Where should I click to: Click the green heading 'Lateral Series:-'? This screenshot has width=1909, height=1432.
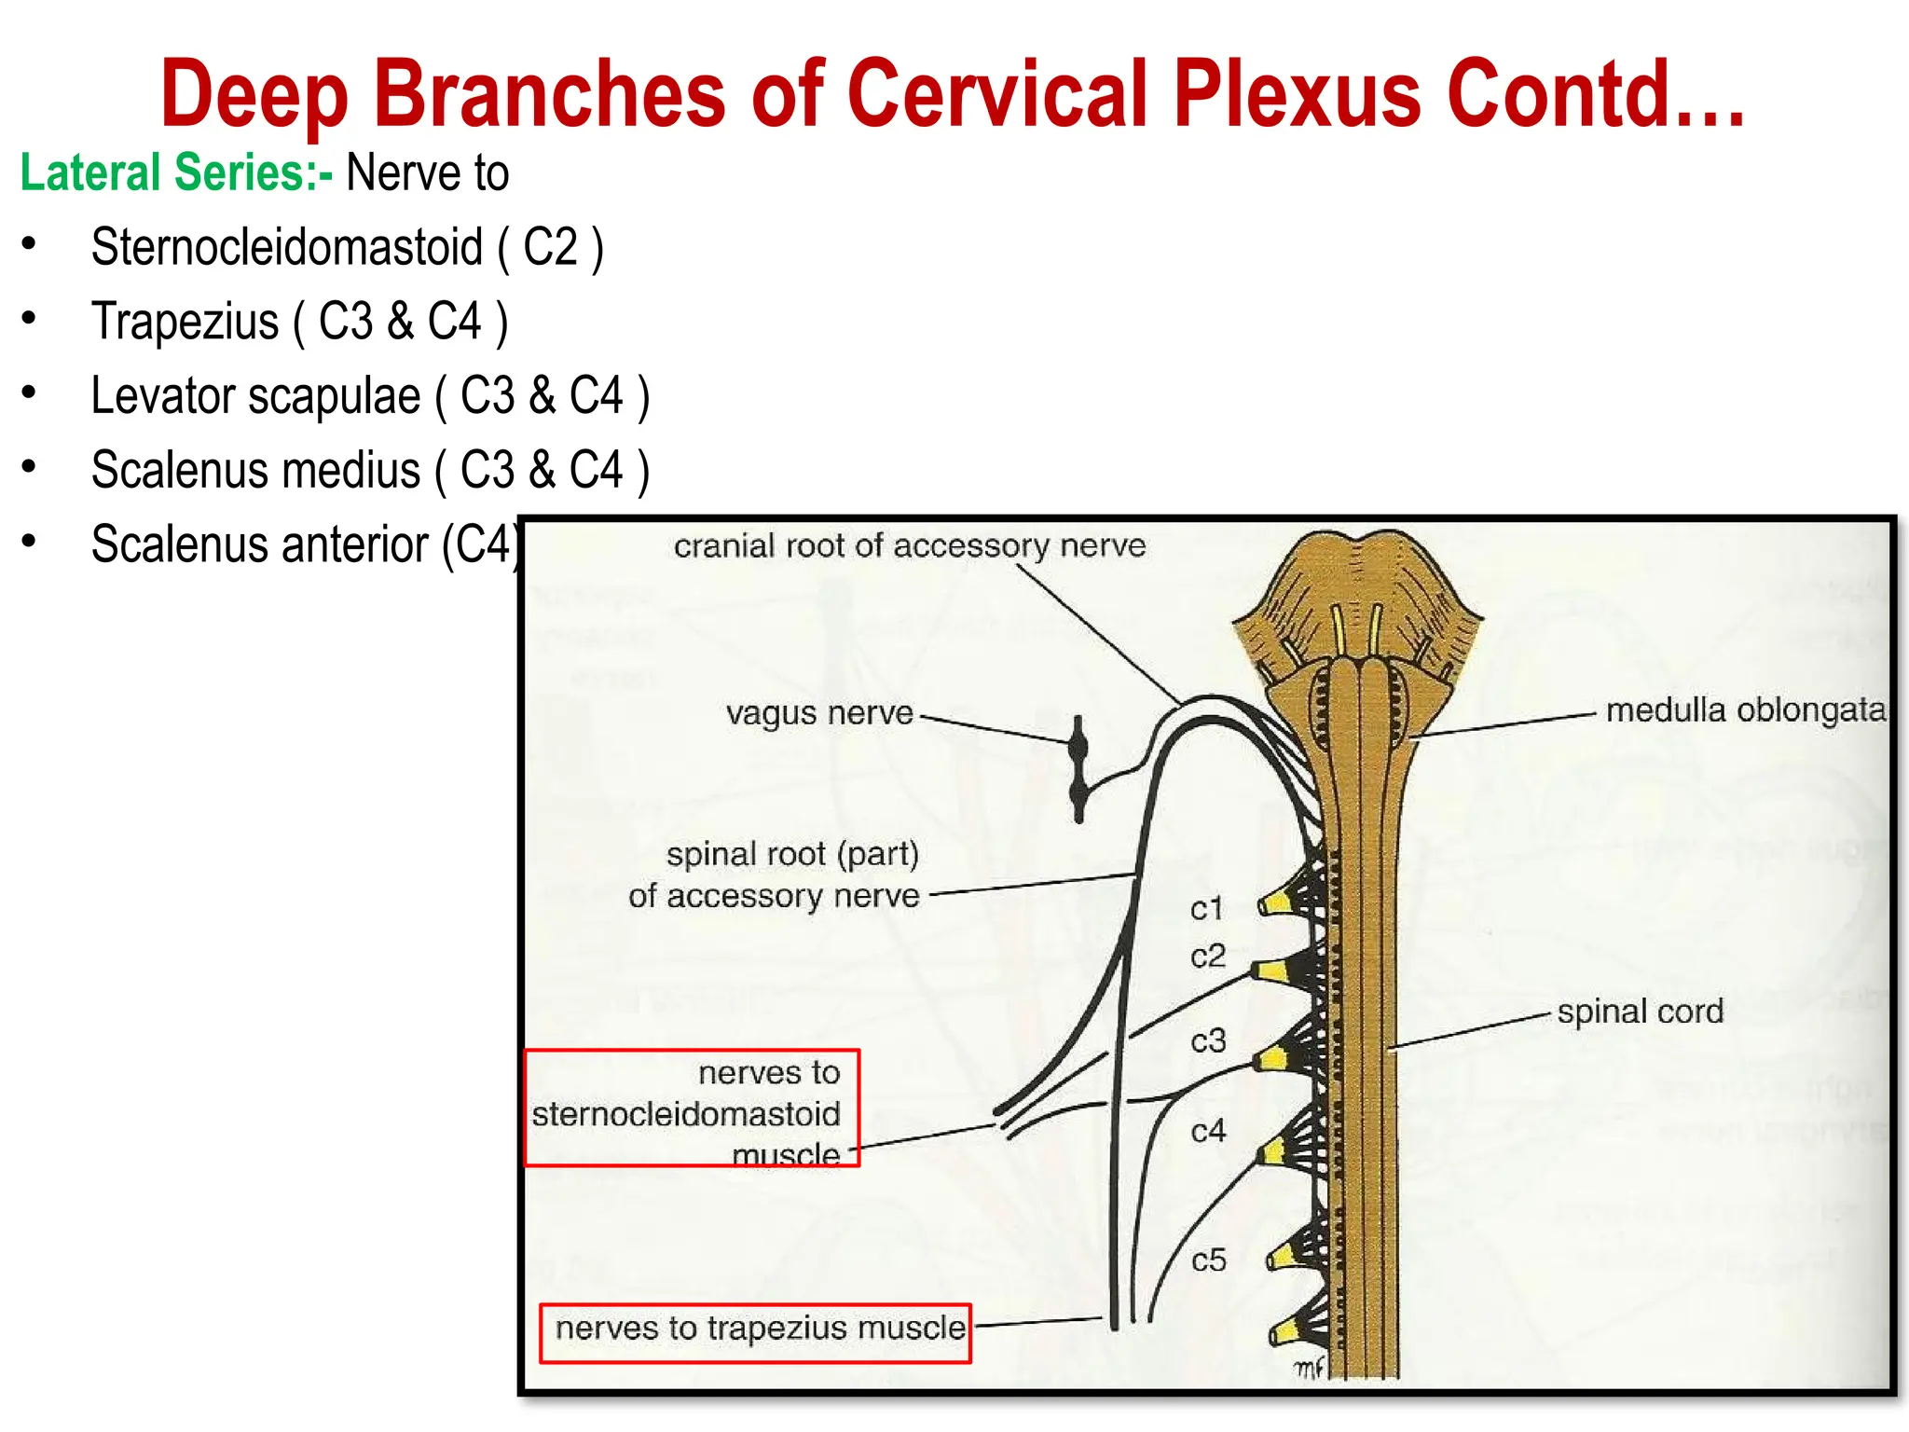[176, 173]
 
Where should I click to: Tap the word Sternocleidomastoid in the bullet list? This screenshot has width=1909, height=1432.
[286, 248]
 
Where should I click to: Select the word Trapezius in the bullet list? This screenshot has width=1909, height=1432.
[185, 322]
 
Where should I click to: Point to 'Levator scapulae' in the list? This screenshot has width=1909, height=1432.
[255, 396]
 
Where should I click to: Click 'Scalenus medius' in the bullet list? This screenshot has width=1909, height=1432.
[255, 470]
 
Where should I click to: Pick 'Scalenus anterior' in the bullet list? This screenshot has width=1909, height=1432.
[259, 544]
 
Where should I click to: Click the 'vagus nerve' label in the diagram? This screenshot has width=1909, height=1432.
[819, 713]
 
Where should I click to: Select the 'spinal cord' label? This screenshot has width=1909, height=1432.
[1640, 1012]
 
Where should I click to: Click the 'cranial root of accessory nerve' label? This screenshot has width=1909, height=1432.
[909, 546]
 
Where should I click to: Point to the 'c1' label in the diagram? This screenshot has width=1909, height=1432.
[1206, 908]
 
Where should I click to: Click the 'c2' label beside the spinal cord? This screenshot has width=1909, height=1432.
[1207, 957]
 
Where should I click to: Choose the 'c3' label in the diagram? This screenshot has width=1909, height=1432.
[1208, 1040]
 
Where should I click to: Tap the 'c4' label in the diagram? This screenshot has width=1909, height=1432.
[1208, 1132]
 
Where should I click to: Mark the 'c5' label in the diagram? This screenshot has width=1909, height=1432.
[1209, 1260]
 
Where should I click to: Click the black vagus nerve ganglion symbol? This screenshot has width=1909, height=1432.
[1078, 768]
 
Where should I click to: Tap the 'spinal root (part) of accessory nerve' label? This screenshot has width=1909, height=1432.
[774, 874]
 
